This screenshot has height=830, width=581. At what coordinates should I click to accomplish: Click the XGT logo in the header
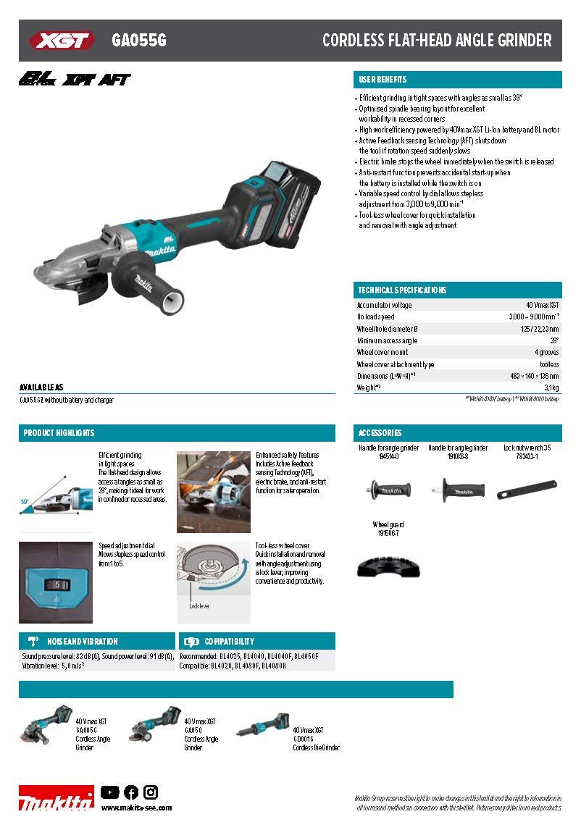[62, 41]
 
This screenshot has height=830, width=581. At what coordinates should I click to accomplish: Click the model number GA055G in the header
[139, 41]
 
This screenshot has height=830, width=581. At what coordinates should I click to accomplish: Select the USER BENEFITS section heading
[383, 80]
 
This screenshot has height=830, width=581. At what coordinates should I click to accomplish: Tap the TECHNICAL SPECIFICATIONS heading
[402, 290]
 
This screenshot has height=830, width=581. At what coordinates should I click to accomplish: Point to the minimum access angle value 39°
[554, 340]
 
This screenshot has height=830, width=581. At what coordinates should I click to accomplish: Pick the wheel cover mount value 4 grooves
[547, 352]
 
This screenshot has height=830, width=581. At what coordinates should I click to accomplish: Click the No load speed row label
[375, 317]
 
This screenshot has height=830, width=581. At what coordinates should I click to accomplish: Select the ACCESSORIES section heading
[380, 433]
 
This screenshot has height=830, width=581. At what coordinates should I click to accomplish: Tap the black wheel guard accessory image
[388, 566]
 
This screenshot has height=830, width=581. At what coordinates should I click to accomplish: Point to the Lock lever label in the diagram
[199, 606]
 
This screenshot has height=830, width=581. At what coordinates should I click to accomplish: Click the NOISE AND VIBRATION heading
[83, 642]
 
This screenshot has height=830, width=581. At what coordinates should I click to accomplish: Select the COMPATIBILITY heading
[229, 642]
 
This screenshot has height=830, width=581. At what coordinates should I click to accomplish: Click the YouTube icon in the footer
[110, 792]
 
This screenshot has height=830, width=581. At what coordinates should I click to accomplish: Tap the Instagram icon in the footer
[151, 792]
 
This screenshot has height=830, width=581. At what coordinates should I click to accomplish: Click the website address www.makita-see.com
[136, 808]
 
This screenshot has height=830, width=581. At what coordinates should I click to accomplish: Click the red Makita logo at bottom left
[56, 800]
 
